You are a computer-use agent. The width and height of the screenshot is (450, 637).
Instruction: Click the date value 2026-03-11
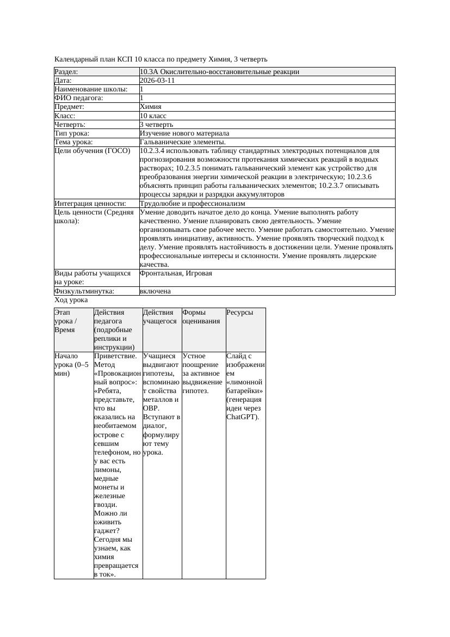(157, 81)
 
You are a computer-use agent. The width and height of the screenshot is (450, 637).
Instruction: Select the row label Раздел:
(66, 72)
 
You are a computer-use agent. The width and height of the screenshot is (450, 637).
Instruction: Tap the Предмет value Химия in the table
(150, 107)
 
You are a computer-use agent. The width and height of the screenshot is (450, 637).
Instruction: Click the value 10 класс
(153, 115)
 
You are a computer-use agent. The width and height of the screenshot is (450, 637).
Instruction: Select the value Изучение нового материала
(184, 133)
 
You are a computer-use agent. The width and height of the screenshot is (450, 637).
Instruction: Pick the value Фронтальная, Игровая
(176, 273)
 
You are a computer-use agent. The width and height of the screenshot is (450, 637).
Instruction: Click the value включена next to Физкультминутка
(155, 291)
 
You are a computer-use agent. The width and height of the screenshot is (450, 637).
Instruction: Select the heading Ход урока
(71, 300)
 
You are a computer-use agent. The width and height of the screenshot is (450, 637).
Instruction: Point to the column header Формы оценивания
(201, 317)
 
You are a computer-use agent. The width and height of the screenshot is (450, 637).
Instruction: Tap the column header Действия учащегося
(160, 317)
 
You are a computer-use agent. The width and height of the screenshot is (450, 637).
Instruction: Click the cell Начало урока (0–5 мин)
(72, 365)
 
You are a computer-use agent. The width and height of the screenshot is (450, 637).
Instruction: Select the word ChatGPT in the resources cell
(242, 417)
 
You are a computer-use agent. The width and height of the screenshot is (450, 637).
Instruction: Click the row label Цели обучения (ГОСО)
(92, 150)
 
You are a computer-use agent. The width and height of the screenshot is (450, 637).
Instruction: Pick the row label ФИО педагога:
(79, 98)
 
